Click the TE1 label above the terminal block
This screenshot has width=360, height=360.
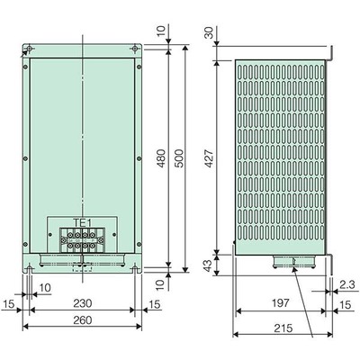click(x=82, y=222)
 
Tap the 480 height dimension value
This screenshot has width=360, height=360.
click(x=161, y=158)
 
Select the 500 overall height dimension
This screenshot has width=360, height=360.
click(x=179, y=158)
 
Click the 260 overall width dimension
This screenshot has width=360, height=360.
click(x=83, y=320)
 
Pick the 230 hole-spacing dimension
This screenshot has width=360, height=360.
click(x=83, y=303)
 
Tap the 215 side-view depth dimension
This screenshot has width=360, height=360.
click(x=283, y=328)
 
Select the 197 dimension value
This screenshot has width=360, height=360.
click(x=281, y=303)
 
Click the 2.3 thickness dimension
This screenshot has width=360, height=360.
click(x=349, y=285)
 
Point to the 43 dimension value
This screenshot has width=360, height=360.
click(x=208, y=265)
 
